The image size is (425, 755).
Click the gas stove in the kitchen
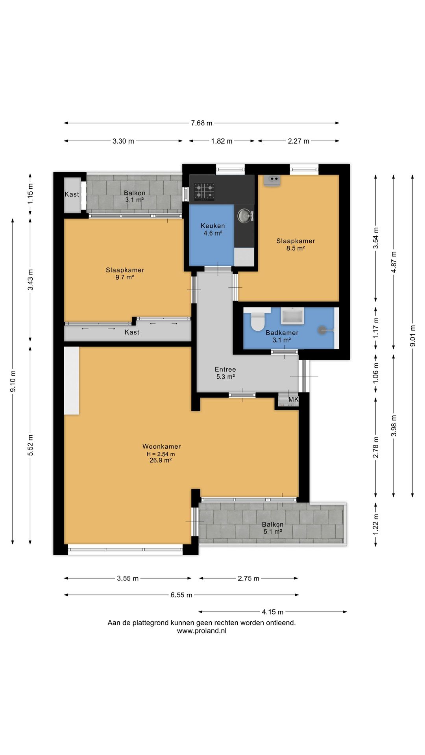(205, 192)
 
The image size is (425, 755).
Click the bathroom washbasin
(292, 317)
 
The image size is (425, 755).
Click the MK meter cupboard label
(293, 400)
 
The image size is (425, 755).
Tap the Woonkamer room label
(161, 446)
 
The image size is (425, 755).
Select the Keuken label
(213, 226)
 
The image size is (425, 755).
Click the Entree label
(225, 369)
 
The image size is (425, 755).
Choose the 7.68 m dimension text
(201, 123)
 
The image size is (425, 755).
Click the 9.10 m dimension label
(13, 381)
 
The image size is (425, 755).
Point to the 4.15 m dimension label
(273, 612)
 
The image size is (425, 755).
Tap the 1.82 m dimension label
(222, 141)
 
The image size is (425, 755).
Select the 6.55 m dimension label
(181, 595)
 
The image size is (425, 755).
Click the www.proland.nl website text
(201, 631)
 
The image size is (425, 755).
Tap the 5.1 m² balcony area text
(273, 532)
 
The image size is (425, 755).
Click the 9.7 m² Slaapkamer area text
(125, 277)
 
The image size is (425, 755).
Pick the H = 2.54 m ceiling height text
(161, 454)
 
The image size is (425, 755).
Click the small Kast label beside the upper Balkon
(72, 194)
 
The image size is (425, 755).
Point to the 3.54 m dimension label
(376, 238)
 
